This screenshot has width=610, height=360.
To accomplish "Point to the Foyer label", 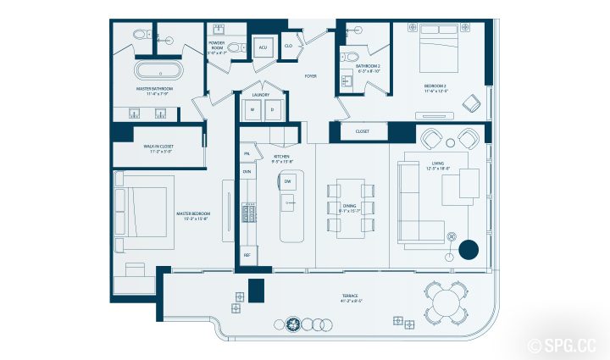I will point(311,75).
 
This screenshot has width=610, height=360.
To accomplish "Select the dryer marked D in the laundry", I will point(272,108).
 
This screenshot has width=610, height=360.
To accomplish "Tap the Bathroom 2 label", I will point(368,68).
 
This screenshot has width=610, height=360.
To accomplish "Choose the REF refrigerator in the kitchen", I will point(247,254).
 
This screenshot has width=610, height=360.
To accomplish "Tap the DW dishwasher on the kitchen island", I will point(288,182).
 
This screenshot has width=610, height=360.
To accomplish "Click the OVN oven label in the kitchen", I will point(247,172).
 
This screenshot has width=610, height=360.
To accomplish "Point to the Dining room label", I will point(350,208).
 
